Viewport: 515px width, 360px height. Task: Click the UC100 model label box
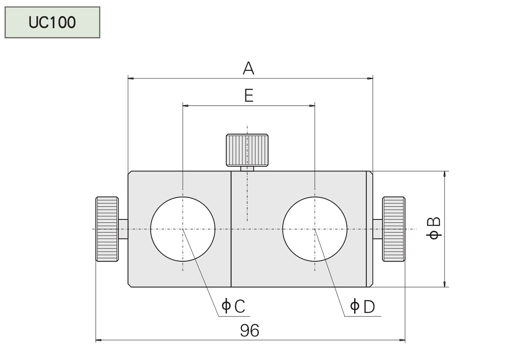click(x=52, y=22)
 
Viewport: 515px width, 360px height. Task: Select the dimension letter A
click(x=249, y=68)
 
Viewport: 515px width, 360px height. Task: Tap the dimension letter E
click(x=249, y=96)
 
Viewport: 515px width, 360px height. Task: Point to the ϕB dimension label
click(x=435, y=229)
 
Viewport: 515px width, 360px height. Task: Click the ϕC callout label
click(x=233, y=306)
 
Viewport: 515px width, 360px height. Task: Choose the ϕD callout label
click(x=363, y=306)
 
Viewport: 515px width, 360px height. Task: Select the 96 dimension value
click(x=249, y=331)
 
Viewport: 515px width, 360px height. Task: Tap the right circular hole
click(x=315, y=229)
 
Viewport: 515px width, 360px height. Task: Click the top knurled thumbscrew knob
click(x=247, y=150)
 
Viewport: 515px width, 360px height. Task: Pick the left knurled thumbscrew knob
click(x=107, y=229)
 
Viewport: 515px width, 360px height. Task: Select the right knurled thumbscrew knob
click(x=393, y=229)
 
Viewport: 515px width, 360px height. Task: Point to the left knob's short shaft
click(x=123, y=229)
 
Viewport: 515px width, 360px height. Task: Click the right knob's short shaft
click(x=378, y=229)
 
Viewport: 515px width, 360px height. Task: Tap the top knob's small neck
click(x=247, y=168)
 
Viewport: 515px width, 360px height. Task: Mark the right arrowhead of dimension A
click(x=370, y=78)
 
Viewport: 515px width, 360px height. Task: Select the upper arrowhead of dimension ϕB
click(x=445, y=174)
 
